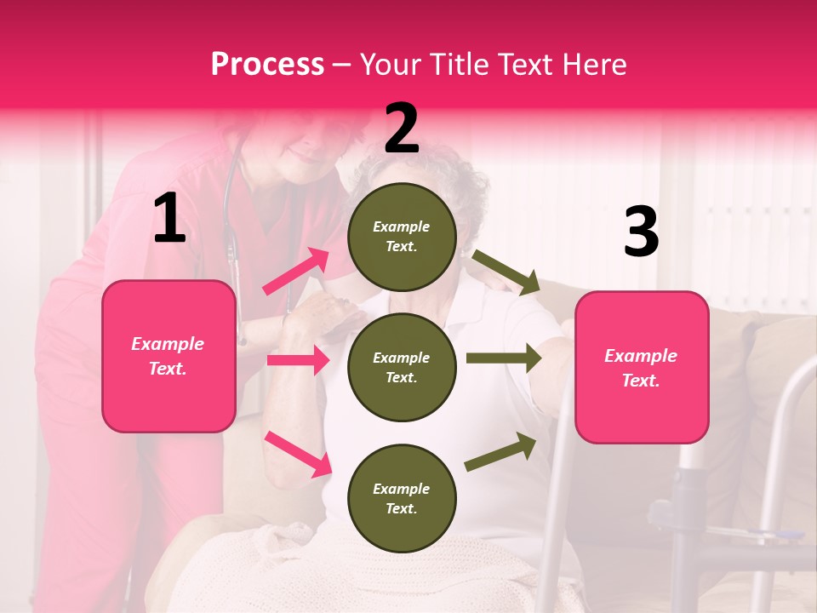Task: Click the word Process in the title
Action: point(267,65)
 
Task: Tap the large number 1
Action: point(169,219)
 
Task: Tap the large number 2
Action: point(402,129)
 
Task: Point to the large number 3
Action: point(641,232)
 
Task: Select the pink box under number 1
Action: point(169,356)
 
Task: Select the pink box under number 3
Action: point(642,367)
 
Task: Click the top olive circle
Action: point(402,237)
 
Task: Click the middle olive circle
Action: point(402,367)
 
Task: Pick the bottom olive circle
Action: point(402,498)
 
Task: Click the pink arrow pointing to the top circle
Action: point(296,272)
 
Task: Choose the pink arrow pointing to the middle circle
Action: point(298,360)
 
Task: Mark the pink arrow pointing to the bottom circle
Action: point(298,453)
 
